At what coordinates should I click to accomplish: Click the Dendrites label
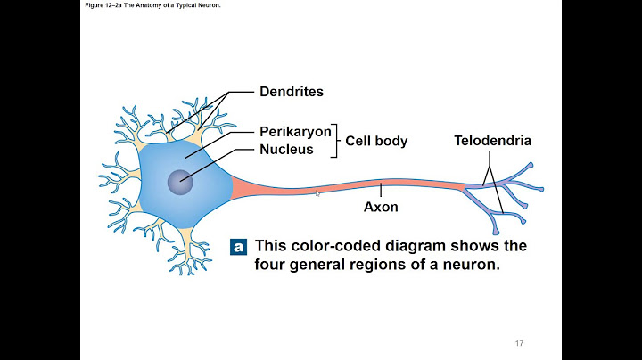click(x=291, y=92)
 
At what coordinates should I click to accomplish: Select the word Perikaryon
click(x=295, y=131)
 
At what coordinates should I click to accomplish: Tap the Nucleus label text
click(x=286, y=149)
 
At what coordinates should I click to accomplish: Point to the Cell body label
click(x=376, y=141)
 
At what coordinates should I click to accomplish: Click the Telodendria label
click(x=492, y=141)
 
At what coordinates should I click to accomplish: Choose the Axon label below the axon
click(x=381, y=207)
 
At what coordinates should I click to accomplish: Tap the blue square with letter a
click(x=238, y=246)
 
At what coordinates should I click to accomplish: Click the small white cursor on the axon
click(x=317, y=192)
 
